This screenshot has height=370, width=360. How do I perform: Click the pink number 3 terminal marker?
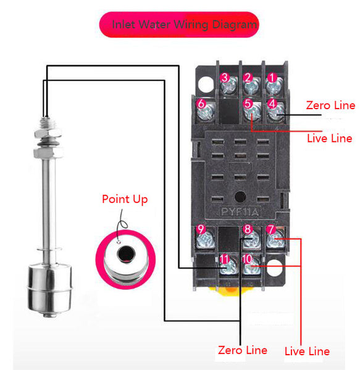[225, 78]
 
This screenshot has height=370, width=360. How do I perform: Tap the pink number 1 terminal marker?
[272, 78]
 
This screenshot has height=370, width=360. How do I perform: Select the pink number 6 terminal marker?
[201, 104]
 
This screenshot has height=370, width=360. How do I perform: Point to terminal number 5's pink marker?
[248, 104]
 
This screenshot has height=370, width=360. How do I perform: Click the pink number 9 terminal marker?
[201, 229]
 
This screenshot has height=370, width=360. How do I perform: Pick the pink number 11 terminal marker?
[224, 259]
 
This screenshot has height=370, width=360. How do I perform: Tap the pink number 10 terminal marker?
[248, 259]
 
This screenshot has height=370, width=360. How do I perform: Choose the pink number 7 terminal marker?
[270, 229]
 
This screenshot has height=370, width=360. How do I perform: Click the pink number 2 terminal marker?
[248, 78]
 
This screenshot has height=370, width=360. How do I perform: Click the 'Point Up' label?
[125, 199]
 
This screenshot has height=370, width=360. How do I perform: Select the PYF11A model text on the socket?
[240, 212]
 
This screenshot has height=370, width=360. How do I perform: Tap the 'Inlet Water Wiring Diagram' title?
[184, 25]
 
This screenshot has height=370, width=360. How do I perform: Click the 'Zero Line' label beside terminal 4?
[330, 105]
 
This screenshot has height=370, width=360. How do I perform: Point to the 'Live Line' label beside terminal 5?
[330, 138]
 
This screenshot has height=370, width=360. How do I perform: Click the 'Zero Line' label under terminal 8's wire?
[243, 350]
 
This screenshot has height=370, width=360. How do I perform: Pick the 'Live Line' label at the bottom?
[307, 351]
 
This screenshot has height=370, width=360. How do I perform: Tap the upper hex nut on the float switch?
[48, 133]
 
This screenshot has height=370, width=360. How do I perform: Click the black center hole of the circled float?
[126, 254]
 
